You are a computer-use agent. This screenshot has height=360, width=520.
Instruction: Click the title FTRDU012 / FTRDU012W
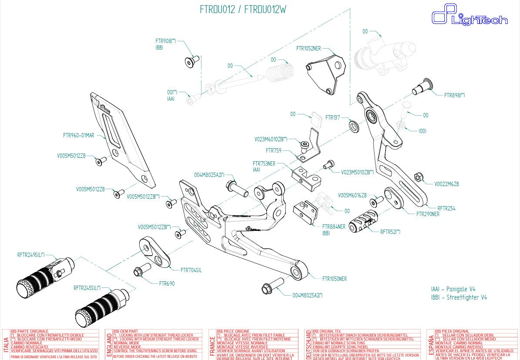click(x=243, y=10)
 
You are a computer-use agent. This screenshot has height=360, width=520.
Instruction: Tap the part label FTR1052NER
click(x=309, y=48)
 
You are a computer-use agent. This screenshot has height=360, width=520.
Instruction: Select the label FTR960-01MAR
click(x=78, y=136)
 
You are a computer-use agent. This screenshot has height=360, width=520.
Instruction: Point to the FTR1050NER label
click(x=335, y=279)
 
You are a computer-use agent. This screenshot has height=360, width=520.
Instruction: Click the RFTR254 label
click(x=446, y=208)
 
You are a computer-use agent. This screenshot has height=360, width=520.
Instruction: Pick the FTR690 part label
click(x=167, y=283)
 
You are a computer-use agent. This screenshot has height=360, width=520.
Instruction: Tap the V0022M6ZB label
click(x=446, y=184)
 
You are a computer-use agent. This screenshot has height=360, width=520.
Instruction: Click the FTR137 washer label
click(x=332, y=117)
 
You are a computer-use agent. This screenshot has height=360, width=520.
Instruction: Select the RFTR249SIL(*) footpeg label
click(x=31, y=255)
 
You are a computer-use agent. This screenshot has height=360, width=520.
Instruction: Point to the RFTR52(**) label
click(x=390, y=232)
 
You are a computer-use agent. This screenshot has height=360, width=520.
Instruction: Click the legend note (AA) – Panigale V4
click(x=453, y=289)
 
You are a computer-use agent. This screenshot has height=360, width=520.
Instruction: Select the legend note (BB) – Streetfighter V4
click(x=459, y=297)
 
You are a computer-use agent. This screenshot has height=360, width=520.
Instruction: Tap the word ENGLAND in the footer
click(x=109, y=344)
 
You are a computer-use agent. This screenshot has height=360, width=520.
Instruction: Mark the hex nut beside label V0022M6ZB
click(x=417, y=177)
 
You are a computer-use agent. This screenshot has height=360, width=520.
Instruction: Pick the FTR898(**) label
click(x=454, y=95)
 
